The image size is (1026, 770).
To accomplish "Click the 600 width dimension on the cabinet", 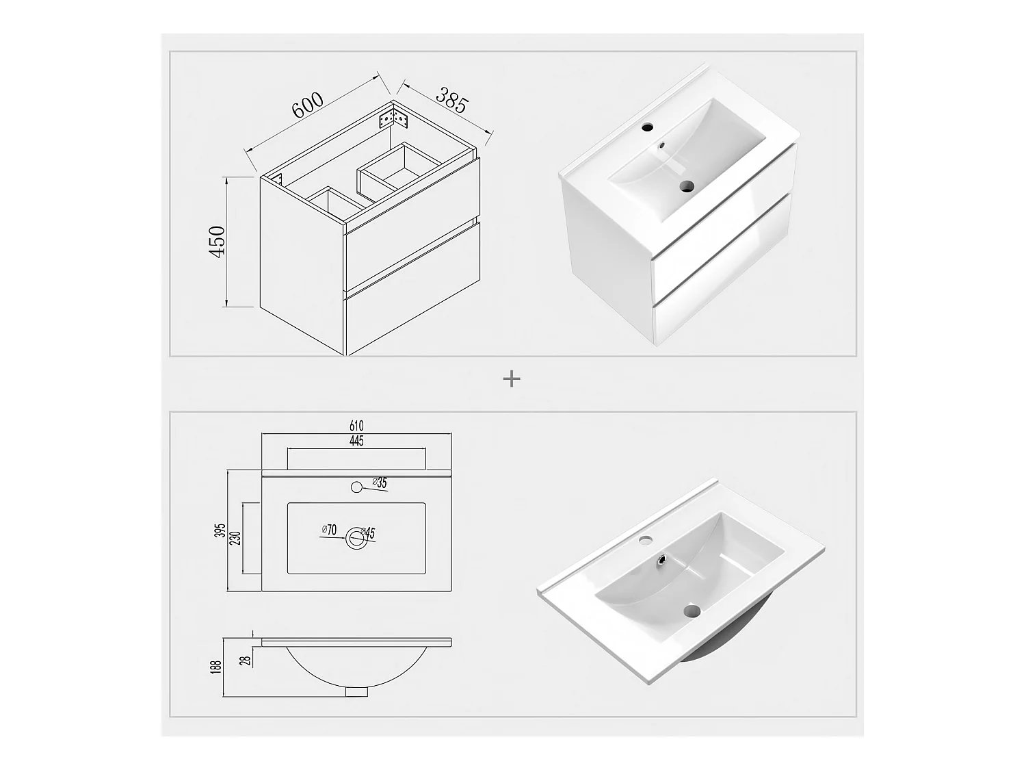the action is (x=307, y=105).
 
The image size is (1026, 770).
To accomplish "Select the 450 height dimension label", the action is (x=218, y=241).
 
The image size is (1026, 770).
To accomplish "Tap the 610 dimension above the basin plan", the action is (x=356, y=426).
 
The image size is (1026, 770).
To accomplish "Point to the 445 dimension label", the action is (x=356, y=441).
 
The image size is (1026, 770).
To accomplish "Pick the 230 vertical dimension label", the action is (x=235, y=539).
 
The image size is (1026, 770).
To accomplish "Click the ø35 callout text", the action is (x=380, y=482).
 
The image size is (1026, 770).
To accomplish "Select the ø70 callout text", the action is (x=329, y=530).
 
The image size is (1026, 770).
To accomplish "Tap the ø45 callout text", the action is (x=368, y=533).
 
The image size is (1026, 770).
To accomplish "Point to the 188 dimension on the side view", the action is (x=215, y=667).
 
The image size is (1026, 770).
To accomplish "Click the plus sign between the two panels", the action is (x=512, y=378).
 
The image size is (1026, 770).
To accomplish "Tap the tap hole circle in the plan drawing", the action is (x=356, y=487).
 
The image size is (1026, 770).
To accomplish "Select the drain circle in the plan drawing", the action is (x=356, y=538).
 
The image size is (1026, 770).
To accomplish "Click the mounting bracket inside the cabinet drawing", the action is (x=395, y=118).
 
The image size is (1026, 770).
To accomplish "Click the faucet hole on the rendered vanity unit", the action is (x=647, y=127).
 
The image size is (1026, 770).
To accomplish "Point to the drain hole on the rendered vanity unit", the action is (x=686, y=187).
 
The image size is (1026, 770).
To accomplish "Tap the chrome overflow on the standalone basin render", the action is (x=662, y=558).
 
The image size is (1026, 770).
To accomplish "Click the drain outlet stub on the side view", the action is (x=356, y=691).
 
